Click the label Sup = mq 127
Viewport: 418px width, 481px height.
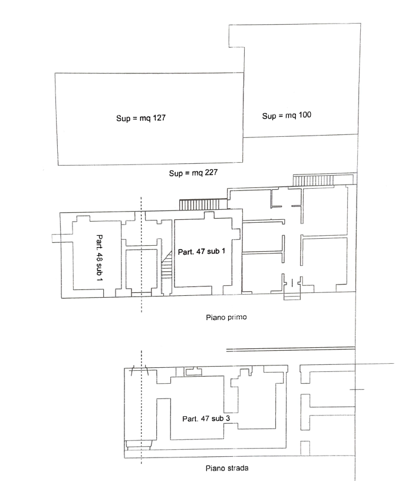tap(141, 118)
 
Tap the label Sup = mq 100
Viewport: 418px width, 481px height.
tap(287, 116)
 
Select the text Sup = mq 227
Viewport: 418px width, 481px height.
tap(193, 173)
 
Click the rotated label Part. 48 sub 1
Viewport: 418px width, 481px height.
tap(100, 258)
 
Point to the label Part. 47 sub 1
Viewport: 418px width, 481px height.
tap(202, 252)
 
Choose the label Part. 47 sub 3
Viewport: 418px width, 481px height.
tap(206, 419)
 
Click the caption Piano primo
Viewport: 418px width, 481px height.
tap(226, 317)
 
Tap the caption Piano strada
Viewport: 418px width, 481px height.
tap(227, 468)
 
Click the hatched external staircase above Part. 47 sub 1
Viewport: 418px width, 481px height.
tap(203, 205)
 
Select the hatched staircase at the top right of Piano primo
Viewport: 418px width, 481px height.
tap(313, 180)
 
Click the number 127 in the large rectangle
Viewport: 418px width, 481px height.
tap(159, 118)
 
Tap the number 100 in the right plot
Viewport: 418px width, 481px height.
tap(304, 115)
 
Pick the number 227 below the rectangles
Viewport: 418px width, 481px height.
tap(211, 172)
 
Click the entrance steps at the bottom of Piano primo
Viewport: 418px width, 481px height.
tap(292, 296)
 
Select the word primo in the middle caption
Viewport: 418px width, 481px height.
tap(237, 317)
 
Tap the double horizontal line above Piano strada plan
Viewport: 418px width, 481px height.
tap(291, 349)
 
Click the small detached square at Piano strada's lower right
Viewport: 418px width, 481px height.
tap(305, 448)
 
